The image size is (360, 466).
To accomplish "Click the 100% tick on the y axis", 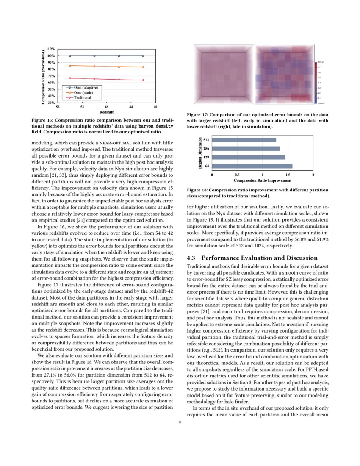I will click(50, 56).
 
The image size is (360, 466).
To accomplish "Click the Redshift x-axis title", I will click(106, 112).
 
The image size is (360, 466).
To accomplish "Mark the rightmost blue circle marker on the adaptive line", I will click(143, 56).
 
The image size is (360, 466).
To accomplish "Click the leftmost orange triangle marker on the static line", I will click(70, 65).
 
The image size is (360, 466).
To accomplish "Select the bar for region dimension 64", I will click(252, 166).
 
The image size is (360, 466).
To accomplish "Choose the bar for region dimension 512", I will click(244, 140).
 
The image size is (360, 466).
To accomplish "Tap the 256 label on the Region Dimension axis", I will click(206, 149).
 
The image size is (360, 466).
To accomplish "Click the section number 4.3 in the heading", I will click(192, 258).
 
